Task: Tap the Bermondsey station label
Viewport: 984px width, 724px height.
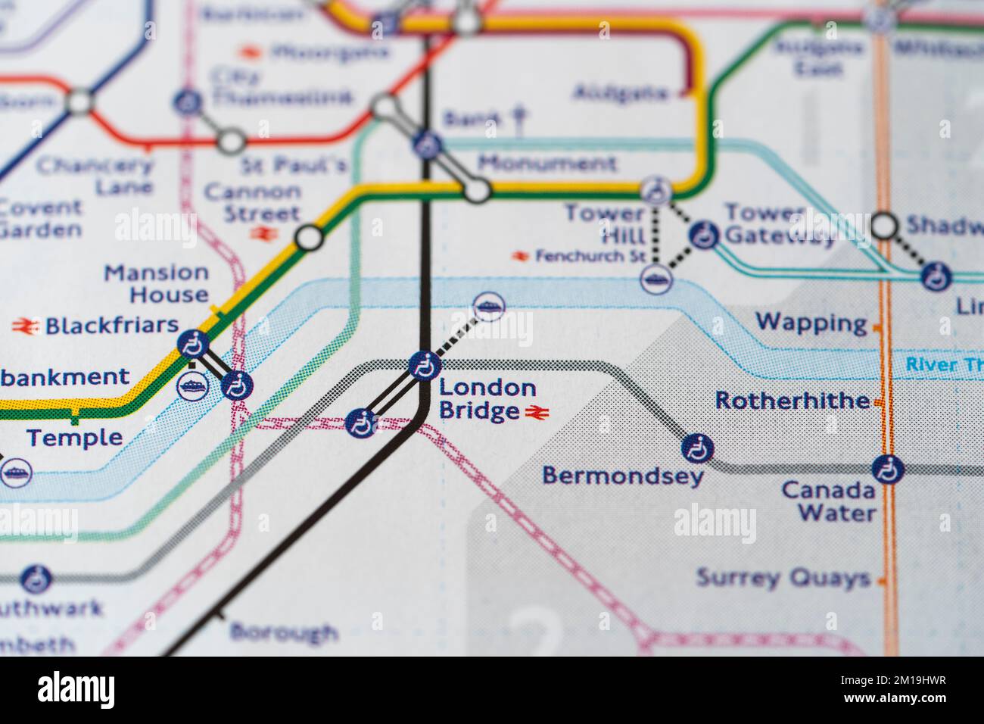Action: pyautogui.click(x=623, y=476)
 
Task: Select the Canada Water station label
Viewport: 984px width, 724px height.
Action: pyautogui.click(x=828, y=501)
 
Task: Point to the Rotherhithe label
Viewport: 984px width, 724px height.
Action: pyautogui.click(x=792, y=400)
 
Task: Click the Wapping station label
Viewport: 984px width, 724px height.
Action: pyautogui.click(x=811, y=323)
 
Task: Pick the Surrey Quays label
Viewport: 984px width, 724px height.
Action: pyautogui.click(x=783, y=579)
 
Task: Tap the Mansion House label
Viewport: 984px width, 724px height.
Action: pyautogui.click(x=156, y=283)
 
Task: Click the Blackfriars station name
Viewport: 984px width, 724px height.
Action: pyautogui.click(x=111, y=326)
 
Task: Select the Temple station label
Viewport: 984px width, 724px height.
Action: pyautogui.click(x=74, y=437)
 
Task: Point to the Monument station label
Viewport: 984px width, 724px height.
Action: pyautogui.click(x=547, y=163)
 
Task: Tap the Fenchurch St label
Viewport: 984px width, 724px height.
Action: pyautogui.click(x=590, y=257)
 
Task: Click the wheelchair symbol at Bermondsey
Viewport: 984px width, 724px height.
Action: pyautogui.click(x=696, y=448)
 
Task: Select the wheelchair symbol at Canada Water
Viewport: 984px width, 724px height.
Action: pyautogui.click(x=887, y=470)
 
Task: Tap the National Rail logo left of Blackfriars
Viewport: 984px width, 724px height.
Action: pyautogui.click(x=24, y=326)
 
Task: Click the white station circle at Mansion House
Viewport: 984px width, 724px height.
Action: pyautogui.click(x=309, y=238)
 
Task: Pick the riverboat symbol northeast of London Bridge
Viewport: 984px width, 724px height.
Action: pyautogui.click(x=489, y=307)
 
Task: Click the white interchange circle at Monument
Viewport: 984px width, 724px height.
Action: pyautogui.click(x=477, y=189)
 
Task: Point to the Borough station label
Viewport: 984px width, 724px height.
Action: pyautogui.click(x=283, y=631)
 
